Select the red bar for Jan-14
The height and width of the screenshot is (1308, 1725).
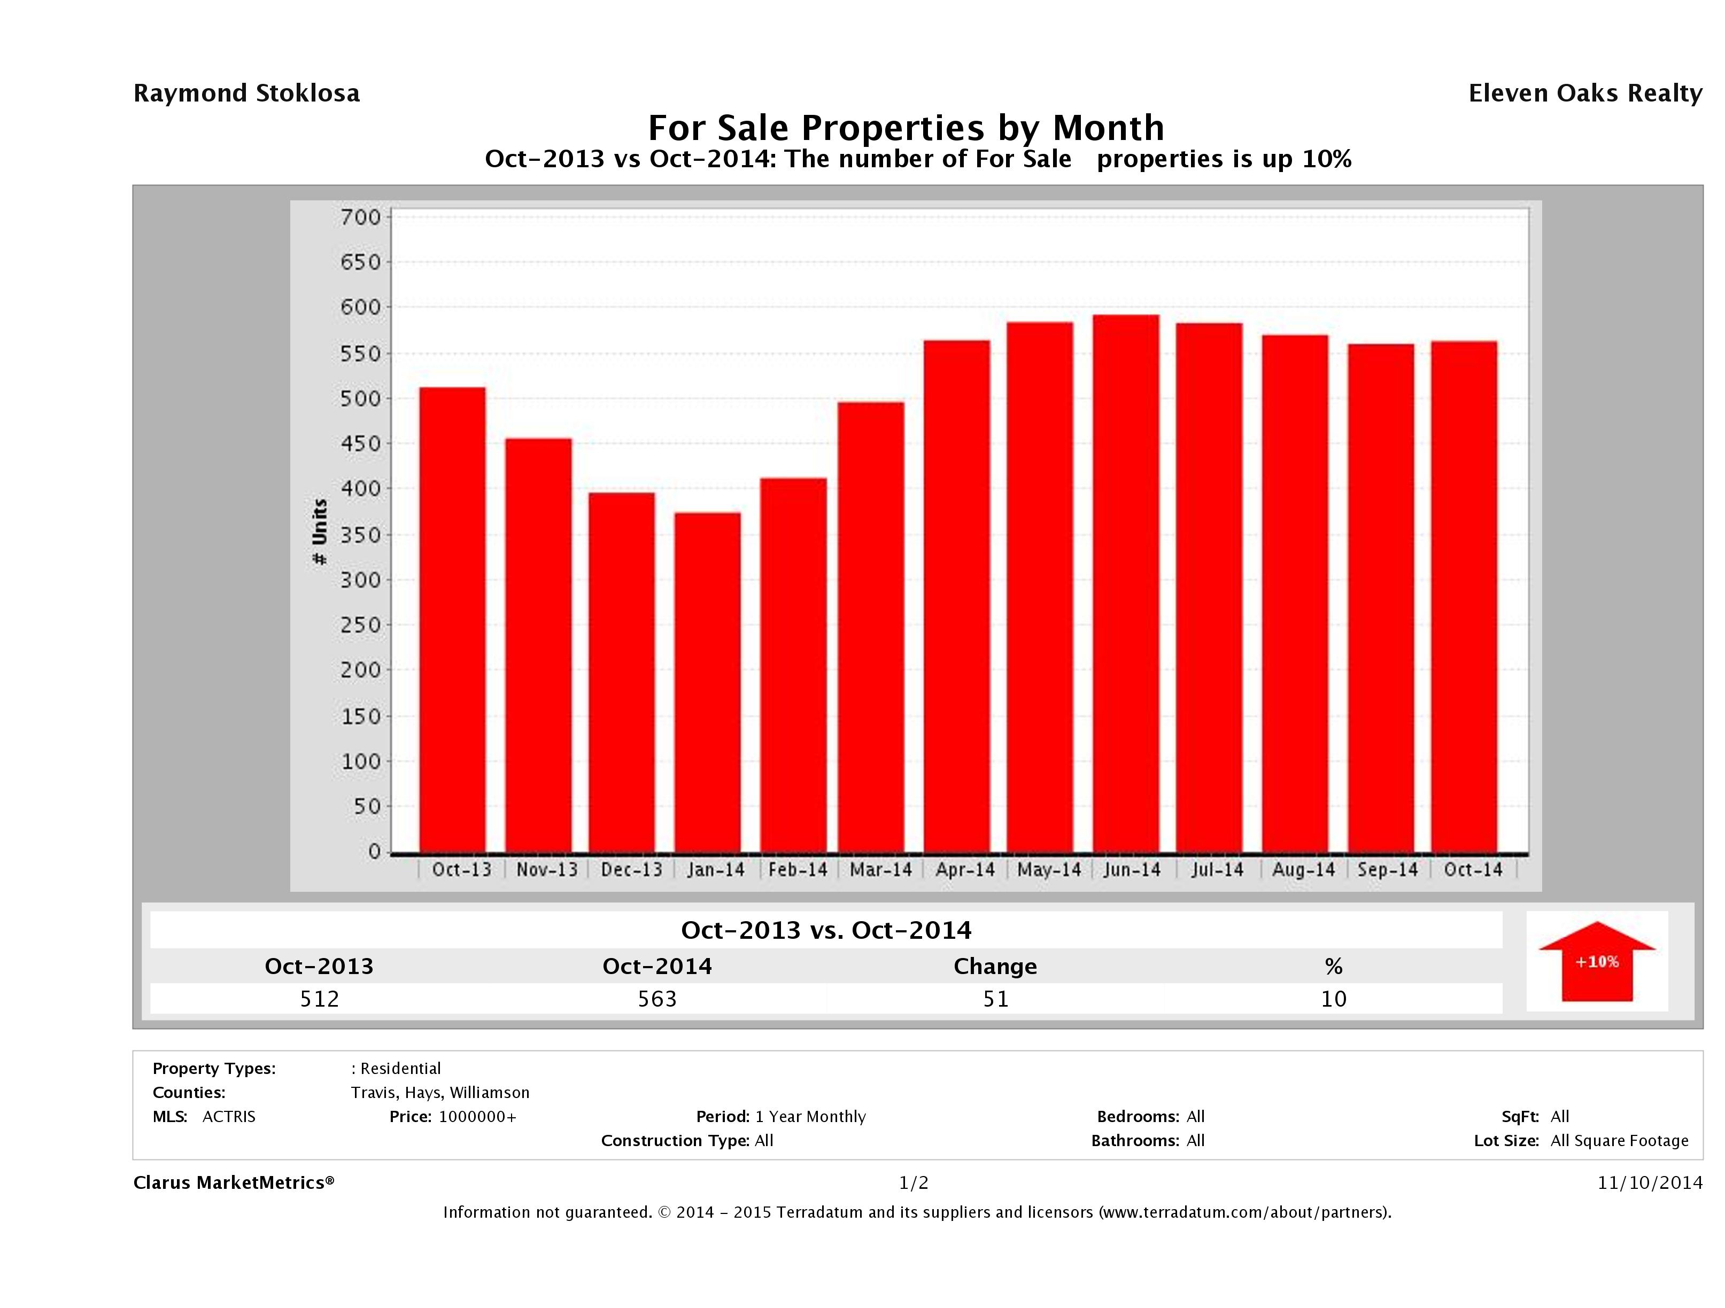click(x=707, y=682)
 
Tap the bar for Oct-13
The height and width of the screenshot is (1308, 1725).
click(x=452, y=620)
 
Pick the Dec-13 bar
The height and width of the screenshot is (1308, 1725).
click(x=622, y=672)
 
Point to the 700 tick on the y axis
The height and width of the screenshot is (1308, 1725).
click(x=360, y=217)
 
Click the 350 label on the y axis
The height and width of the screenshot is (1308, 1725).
click(x=360, y=535)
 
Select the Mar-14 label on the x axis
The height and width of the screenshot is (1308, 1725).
click(x=880, y=870)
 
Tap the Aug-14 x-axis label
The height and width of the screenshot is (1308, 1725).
click(x=1303, y=870)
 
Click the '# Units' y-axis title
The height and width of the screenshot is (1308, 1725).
click(x=320, y=532)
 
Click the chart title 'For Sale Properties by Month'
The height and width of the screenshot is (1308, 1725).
click(x=906, y=127)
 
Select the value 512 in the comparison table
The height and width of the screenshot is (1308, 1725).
click(x=319, y=999)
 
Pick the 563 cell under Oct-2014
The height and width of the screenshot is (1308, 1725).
click(x=657, y=999)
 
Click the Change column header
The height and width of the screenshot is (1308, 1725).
click(x=995, y=967)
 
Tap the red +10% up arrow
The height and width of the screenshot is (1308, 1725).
click(x=1596, y=961)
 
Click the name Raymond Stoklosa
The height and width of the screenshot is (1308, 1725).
click(x=246, y=94)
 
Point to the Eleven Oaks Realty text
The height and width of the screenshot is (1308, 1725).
click(x=1584, y=94)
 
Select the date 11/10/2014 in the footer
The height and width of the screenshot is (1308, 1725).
click(x=1649, y=1182)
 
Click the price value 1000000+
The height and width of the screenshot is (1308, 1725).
click(x=477, y=1116)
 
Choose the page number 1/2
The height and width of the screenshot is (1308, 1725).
click(x=913, y=1182)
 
